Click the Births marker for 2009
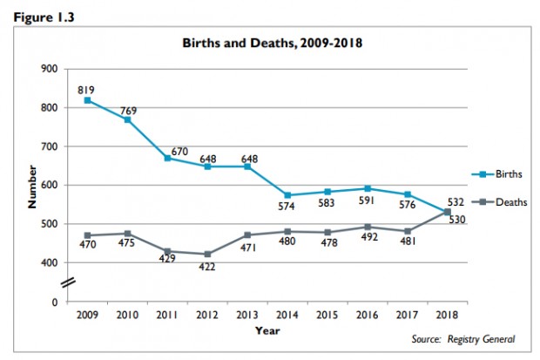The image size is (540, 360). coord(88,100)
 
